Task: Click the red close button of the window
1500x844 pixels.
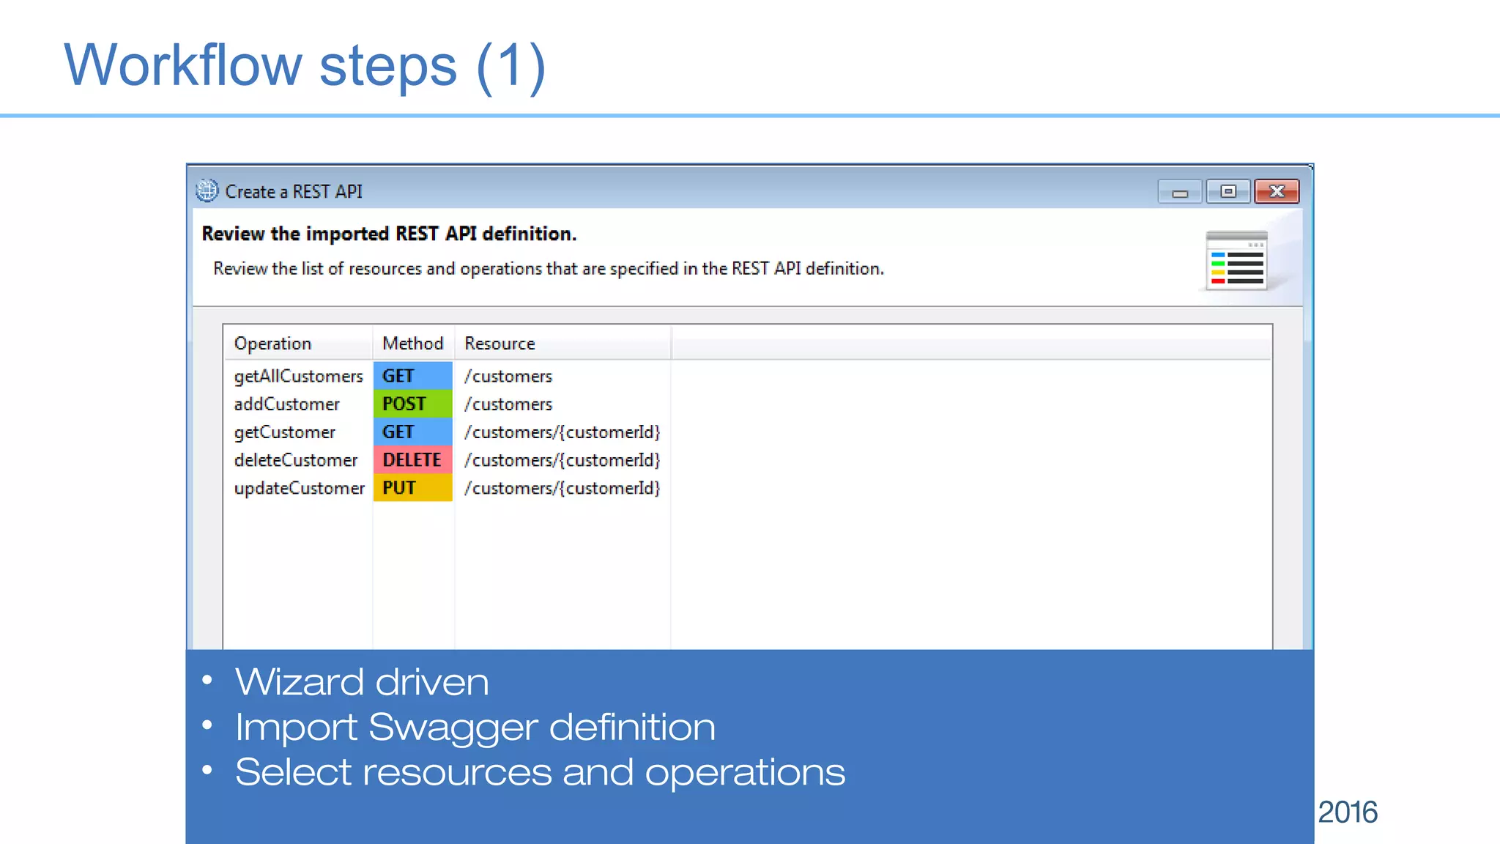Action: click(x=1277, y=191)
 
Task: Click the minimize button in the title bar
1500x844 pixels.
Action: click(x=1179, y=192)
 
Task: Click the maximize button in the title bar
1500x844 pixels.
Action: click(x=1228, y=191)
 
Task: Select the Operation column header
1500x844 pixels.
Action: click(x=272, y=344)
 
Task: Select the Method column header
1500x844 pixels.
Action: click(x=412, y=344)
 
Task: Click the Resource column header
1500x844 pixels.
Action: click(x=500, y=344)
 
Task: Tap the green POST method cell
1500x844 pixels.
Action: click(x=412, y=404)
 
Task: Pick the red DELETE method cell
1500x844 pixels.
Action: click(x=412, y=460)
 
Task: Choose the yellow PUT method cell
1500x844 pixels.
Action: click(x=412, y=488)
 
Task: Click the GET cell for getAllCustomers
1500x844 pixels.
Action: click(x=412, y=376)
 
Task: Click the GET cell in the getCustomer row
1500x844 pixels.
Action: click(x=412, y=432)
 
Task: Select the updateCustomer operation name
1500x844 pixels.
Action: click(x=299, y=488)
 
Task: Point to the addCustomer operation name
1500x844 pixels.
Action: click(x=286, y=404)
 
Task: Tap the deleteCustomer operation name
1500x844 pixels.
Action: click(x=295, y=460)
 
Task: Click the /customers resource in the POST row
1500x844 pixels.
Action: click(x=508, y=404)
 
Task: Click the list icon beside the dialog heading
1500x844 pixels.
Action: click(x=1236, y=262)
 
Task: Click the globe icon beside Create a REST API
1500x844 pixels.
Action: click(x=207, y=190)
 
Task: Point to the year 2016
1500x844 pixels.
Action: click(x=1348, y=812)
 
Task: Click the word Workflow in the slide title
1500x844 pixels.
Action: click(x=183, y=65)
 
